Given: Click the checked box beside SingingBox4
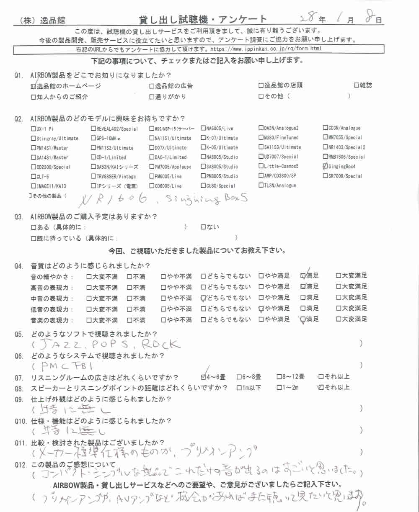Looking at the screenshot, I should coord(326,166).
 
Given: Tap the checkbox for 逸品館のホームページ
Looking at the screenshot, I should coord(34,86).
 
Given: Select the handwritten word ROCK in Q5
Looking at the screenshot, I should coord(160,344).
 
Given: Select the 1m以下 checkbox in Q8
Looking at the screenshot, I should coord(240,387).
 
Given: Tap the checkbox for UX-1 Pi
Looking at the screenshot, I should coord(34,129).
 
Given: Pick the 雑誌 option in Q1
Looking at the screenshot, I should coord(357,86).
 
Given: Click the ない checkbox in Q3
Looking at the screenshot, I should coord(204,227).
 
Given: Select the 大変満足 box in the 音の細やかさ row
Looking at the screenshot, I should coord(339,276).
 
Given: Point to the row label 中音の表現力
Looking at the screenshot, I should coord(52,298).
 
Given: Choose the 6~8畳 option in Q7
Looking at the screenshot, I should coord(239,376).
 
